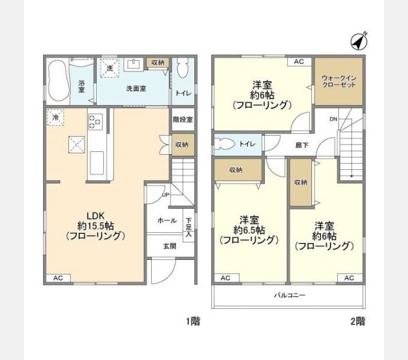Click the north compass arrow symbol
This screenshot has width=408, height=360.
359,41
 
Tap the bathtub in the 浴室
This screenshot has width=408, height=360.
59,80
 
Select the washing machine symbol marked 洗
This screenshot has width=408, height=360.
110,68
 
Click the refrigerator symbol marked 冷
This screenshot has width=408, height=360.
55,118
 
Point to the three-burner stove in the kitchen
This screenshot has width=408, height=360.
95,121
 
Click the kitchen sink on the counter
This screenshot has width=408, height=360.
97,163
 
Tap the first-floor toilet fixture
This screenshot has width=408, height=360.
182,68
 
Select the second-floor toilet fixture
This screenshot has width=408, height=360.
224,144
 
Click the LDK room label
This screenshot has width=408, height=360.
95,216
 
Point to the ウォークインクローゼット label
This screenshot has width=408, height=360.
339,81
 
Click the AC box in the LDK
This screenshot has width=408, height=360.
58,278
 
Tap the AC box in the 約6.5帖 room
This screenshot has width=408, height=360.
226,278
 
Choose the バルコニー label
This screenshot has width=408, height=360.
290,295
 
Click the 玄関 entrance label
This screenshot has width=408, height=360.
170,246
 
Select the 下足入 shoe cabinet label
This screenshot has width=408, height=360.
188,227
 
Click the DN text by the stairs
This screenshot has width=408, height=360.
334,119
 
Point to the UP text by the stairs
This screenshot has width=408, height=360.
166,195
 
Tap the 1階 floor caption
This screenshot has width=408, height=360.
193,321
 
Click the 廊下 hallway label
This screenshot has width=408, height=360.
302,145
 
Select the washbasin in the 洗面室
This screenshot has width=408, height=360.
133,64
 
